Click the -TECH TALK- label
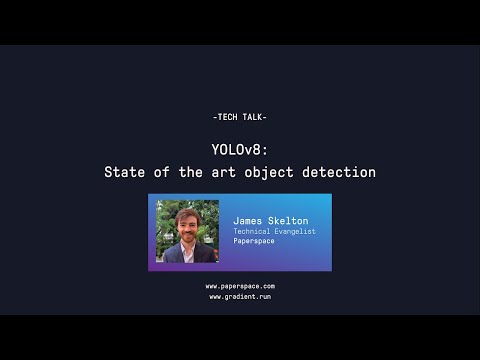(240, 117)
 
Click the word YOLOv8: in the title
(240, 149)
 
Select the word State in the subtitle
(124, 172)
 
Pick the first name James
(248, 220)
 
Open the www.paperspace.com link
(240, 286)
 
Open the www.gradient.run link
(240, 296)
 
